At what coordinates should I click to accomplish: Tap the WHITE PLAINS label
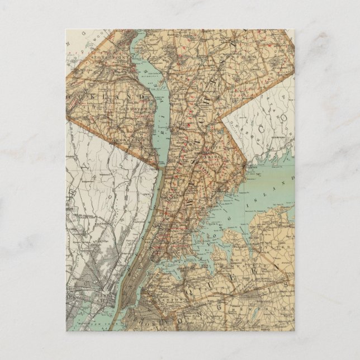208,151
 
